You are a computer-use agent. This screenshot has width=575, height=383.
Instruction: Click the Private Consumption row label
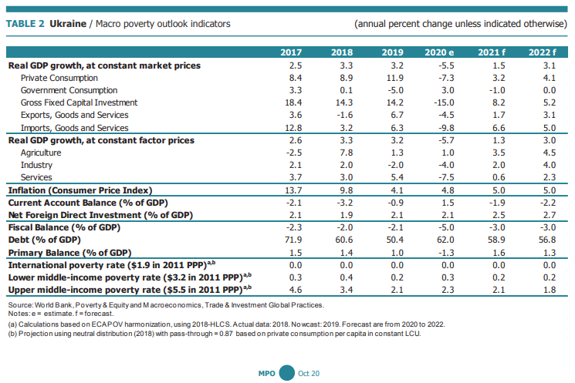click(59, 78)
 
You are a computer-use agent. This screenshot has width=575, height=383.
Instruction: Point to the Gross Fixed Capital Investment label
click(79, 102)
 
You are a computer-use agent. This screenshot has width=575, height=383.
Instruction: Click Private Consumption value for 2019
click(392, 78)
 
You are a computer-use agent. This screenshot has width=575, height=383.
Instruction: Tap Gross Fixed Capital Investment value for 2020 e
click(440, 102)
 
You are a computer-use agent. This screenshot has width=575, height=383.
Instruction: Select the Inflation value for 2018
click(342, 190)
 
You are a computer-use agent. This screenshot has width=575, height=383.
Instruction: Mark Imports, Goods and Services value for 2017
click(291, 127)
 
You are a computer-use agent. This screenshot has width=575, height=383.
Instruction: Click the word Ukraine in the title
click(67, 24)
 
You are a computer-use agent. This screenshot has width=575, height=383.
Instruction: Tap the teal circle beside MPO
click(287, 372)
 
